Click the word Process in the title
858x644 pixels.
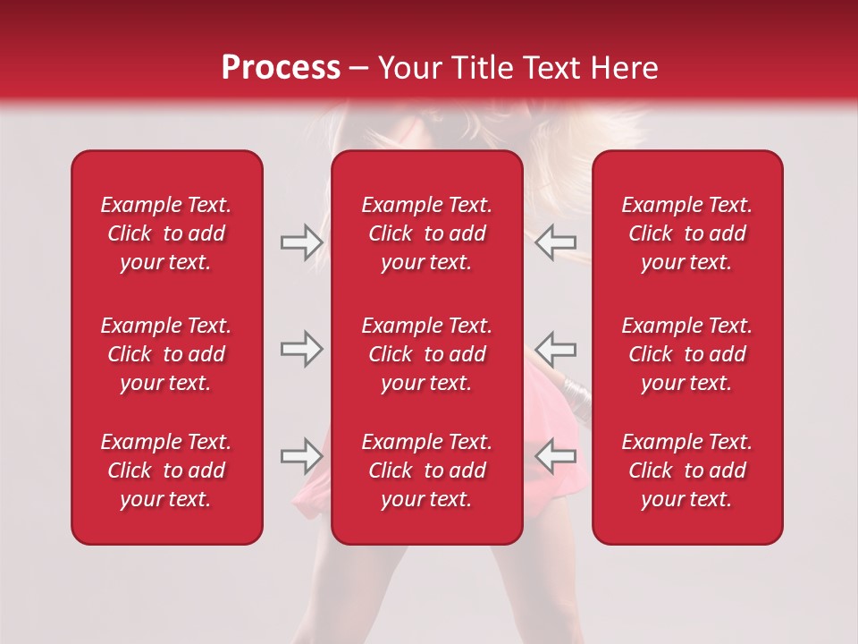[281, 68]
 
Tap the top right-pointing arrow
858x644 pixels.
[301, 242]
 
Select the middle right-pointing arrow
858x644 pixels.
[301, 349]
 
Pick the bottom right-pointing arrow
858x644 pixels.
[301, 456]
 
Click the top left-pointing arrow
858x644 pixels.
[556, 242]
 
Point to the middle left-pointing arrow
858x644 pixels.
[556, 349]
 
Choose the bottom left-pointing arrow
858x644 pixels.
[556, 456]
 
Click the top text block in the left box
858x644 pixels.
[166, 233]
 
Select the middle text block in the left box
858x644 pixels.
[166, 354]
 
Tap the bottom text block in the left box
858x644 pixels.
[166, 470]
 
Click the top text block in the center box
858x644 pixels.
[427, 233]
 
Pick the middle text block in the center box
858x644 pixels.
[427, 354]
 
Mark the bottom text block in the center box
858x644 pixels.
[427, 470]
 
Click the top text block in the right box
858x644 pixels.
[687, 233]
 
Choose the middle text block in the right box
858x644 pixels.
[687, 354]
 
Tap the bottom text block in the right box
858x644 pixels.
[687, 470]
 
